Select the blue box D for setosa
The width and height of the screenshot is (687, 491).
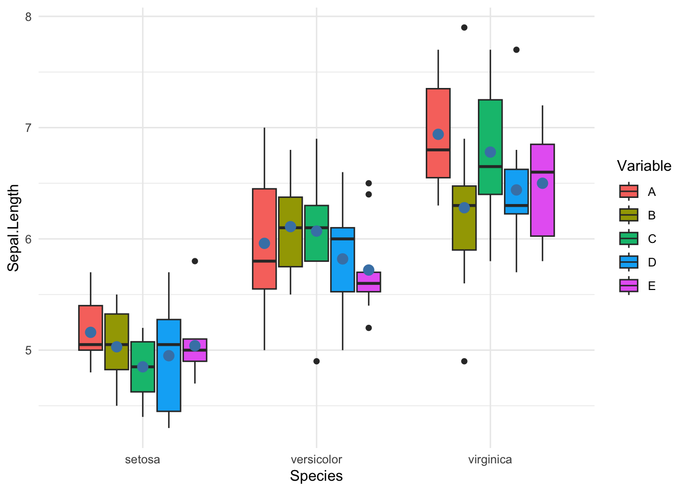click(x=169, y=378)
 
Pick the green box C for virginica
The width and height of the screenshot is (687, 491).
click(x=490, y=123)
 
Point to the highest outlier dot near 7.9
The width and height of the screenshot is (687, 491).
click(x=464, y=28)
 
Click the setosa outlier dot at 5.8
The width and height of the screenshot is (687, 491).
click(x=195, y=261)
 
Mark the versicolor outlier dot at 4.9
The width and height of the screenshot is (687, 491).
click(x=316, y=361)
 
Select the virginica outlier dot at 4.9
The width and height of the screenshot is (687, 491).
click(x=464, y=361)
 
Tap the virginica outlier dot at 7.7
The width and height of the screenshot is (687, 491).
click(x=516, y=50)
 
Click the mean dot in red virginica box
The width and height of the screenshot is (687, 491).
click(x=438, y=135)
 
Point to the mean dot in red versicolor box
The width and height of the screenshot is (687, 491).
click(x=264, y=243)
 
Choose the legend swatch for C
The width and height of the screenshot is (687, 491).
click(x=629, y=239)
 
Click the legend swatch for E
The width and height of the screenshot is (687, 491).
click(x=629, y=286)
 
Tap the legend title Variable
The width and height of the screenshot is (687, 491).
click(x=644, y=166)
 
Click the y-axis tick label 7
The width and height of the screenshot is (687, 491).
click(x=28, y=127)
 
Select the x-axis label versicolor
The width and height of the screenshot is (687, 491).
click(x=316, y=459)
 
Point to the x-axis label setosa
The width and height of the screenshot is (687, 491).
click(x=143, y=459)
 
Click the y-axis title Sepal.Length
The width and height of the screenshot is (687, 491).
click(x=13, y=228)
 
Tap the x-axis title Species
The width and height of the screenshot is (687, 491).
click(x=316, y=476)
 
